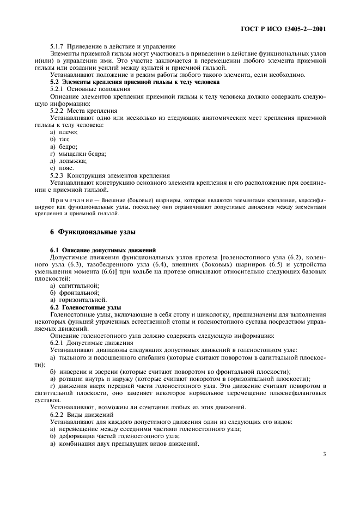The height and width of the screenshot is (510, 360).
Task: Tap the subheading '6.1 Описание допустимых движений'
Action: coord(95,250)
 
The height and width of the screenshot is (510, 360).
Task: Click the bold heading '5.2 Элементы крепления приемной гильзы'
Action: coord(135,81)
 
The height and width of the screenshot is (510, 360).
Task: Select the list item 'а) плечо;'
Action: coord(64,132)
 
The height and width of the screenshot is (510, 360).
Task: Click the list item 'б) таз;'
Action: coord(60,139)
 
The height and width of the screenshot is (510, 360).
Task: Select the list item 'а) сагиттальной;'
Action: coord(74,286)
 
